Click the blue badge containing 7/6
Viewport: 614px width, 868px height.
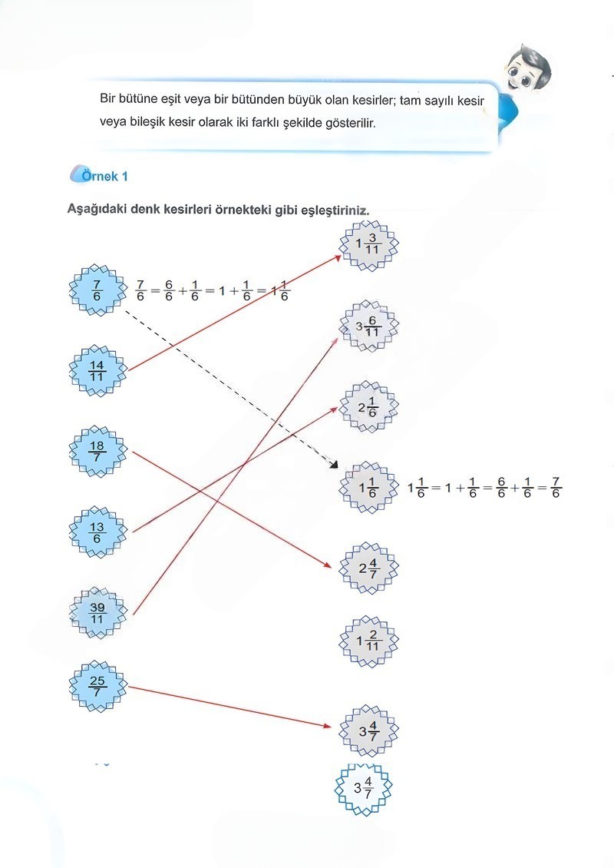97,290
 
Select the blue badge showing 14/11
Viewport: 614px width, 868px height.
97,371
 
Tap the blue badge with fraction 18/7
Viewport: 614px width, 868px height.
97,452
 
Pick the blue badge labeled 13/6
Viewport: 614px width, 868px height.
97,532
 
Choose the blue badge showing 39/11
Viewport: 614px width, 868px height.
97,613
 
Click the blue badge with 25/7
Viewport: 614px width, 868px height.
97,687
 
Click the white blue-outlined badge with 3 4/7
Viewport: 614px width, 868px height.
364,789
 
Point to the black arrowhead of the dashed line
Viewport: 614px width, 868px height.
334,465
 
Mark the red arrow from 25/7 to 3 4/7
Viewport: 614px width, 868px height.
229,707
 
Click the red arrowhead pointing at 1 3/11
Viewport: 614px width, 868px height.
338,258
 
